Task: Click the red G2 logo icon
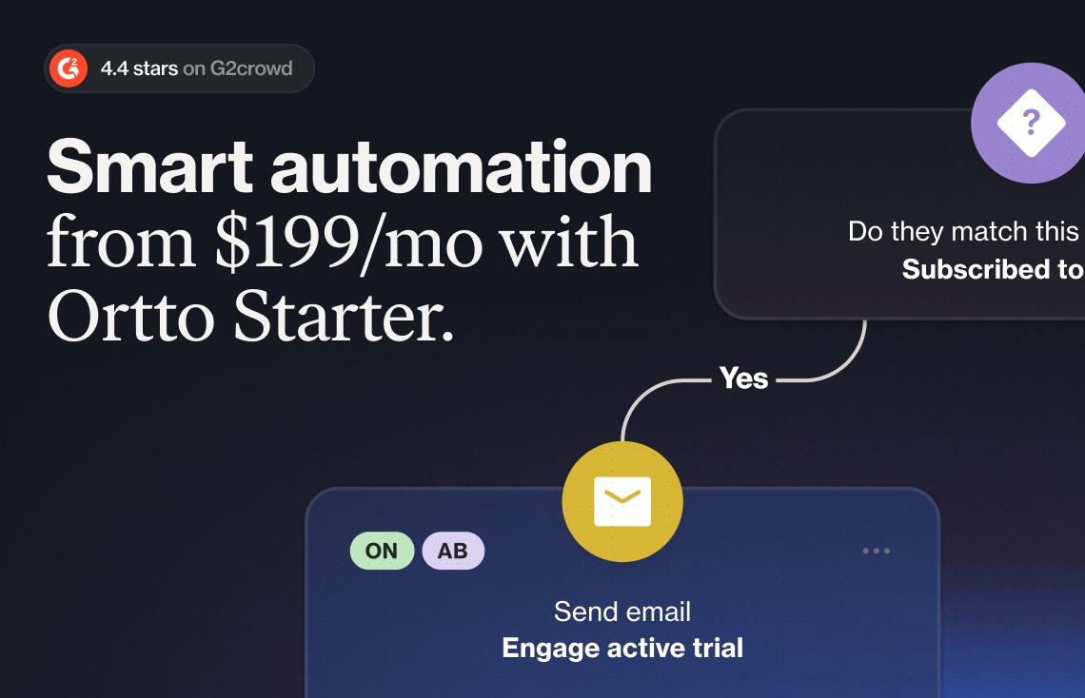69,68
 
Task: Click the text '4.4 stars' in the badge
139,68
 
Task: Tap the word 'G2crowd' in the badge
251,68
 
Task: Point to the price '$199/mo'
348,242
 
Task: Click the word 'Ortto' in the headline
130,317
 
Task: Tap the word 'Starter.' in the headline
344,317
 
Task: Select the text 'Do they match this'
963,231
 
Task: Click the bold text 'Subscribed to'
993,269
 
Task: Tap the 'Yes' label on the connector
744,378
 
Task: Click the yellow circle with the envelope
622,502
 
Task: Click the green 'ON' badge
382,551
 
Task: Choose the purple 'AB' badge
453,551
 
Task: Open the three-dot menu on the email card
877,551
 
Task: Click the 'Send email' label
622,611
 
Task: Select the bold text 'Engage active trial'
622,649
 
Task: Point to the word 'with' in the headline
568,242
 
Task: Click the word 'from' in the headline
121,242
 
